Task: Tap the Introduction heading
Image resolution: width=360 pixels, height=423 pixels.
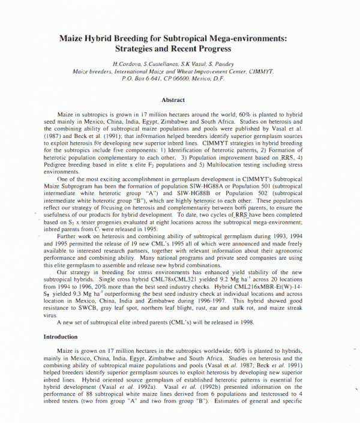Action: point(61,337)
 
